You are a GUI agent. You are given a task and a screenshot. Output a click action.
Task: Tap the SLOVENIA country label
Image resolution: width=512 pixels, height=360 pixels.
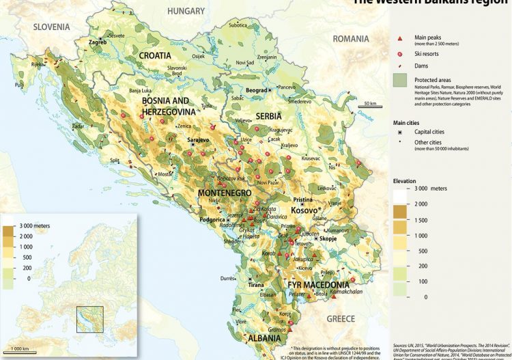tap(50, 27)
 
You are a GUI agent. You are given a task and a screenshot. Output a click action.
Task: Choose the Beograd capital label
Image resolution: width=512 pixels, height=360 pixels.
tap(256, 90)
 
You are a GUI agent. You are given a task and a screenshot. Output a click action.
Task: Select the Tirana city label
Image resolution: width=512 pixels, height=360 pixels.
tap(256, 284)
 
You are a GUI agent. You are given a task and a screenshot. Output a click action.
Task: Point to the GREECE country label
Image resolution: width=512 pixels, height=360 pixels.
tap(340, 319)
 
